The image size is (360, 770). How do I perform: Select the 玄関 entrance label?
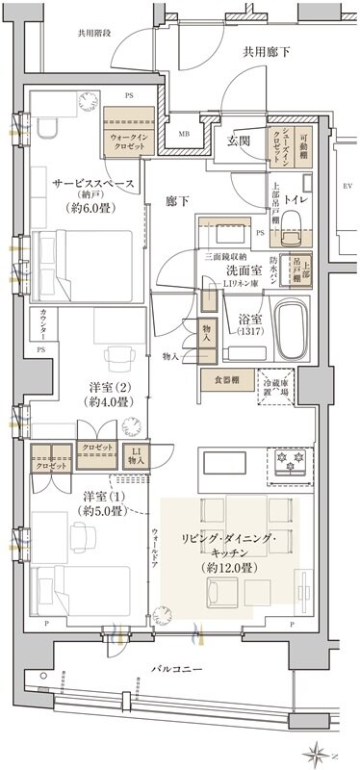[x=239, y=141]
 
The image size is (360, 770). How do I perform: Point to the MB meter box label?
[x=184, y=133]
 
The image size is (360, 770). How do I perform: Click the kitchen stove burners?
[x=291, y=463]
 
